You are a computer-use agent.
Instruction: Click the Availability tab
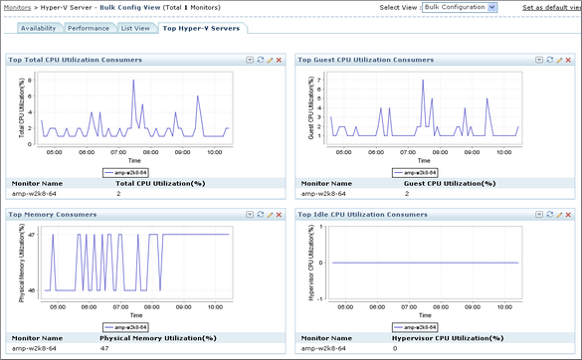point(38,28)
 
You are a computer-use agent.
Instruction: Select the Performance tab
point(88,28)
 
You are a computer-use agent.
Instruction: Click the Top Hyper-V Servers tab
point(202,28)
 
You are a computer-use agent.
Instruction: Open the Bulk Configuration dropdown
point(460,7)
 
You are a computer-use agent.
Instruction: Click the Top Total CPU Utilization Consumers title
point(76,60)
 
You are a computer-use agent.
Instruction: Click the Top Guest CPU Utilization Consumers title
point(365,60)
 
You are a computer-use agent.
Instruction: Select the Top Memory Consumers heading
point(53,214)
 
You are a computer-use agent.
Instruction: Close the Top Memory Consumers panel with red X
point(279,214)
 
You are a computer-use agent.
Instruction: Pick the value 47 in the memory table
point(104,349)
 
